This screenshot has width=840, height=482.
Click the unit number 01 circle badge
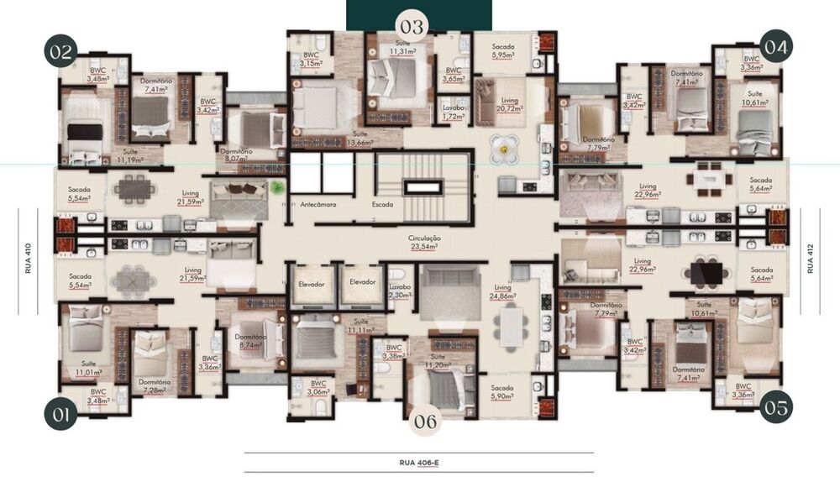pos(60,413)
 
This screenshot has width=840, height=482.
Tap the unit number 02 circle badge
pos(60,50)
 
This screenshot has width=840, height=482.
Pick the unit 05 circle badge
pos(776,408)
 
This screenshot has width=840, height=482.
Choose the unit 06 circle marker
pos(426,422)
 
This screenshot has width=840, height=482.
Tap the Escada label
pos(384,204)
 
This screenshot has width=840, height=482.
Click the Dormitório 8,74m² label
pos(251,342)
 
